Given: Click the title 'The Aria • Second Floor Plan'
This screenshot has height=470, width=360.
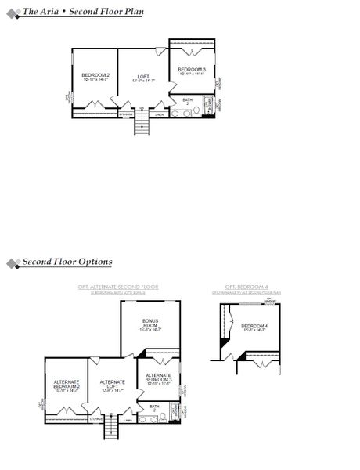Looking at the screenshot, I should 83,12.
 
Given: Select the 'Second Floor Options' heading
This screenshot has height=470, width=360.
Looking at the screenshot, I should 67,262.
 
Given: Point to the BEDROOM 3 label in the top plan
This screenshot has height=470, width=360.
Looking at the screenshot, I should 192,71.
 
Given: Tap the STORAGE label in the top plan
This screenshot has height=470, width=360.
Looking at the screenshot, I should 126,115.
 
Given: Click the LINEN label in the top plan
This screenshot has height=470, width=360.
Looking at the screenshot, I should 159,115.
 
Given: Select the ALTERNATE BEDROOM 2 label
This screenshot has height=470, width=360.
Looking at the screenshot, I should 67,385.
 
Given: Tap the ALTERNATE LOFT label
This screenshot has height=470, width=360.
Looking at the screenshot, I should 113,385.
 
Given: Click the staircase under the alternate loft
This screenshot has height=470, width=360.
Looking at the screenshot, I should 111,431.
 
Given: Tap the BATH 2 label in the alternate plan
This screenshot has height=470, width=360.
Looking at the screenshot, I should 154,408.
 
